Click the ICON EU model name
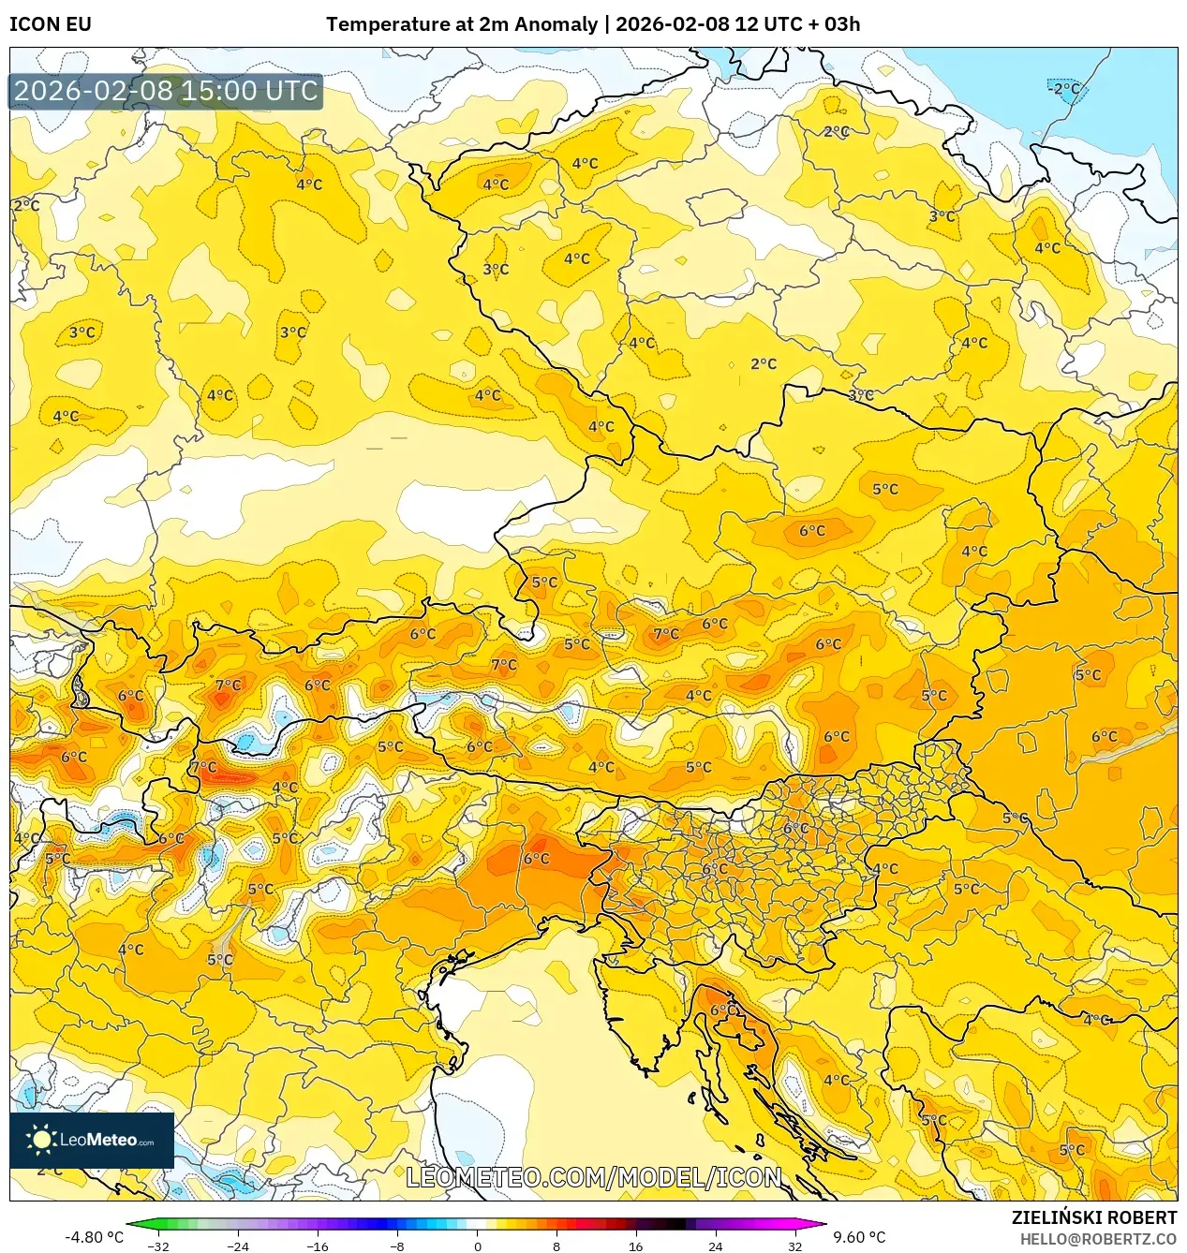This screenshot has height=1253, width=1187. pos(51,24)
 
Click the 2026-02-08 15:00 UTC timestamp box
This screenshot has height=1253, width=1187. pos(166,91)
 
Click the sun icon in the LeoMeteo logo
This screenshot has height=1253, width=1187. pos(41,1140)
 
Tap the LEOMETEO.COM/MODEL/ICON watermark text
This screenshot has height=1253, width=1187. pos(593,1177)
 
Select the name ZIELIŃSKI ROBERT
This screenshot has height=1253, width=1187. pos(1093,1217)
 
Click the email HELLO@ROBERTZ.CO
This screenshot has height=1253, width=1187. pos(1098,1239)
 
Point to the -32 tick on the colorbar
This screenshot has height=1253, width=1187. pos(158,1246)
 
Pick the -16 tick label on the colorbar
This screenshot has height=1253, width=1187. pos(318,1246)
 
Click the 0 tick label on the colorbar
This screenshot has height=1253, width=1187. pos(478,1246)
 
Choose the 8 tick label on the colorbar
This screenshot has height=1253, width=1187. pos(556,1246)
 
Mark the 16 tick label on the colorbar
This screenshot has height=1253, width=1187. pos(636,1246)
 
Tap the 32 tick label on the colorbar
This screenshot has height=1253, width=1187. pos(795,1246)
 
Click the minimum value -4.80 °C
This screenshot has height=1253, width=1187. pos(94,1237)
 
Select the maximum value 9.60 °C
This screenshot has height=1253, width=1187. pos(859,1237)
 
